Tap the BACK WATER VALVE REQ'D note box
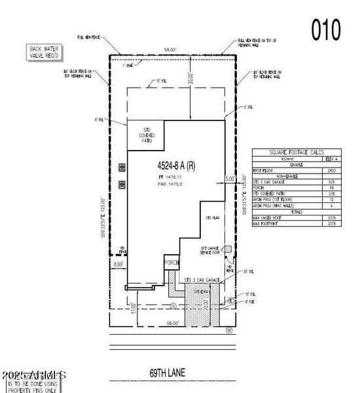pyautogui.click(x=43, y=52)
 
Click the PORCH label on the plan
pyautogui.click(x=172, y=262)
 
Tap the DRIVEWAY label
pyautogui.click(x=201, y=292)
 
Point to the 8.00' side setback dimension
pyautogui.click(x=118, y=265)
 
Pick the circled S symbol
pyautogui.click(x=173, y=305)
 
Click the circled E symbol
pyautogui.click(x=230, y=301)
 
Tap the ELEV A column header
pyautogui.click(x=331, y=159)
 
